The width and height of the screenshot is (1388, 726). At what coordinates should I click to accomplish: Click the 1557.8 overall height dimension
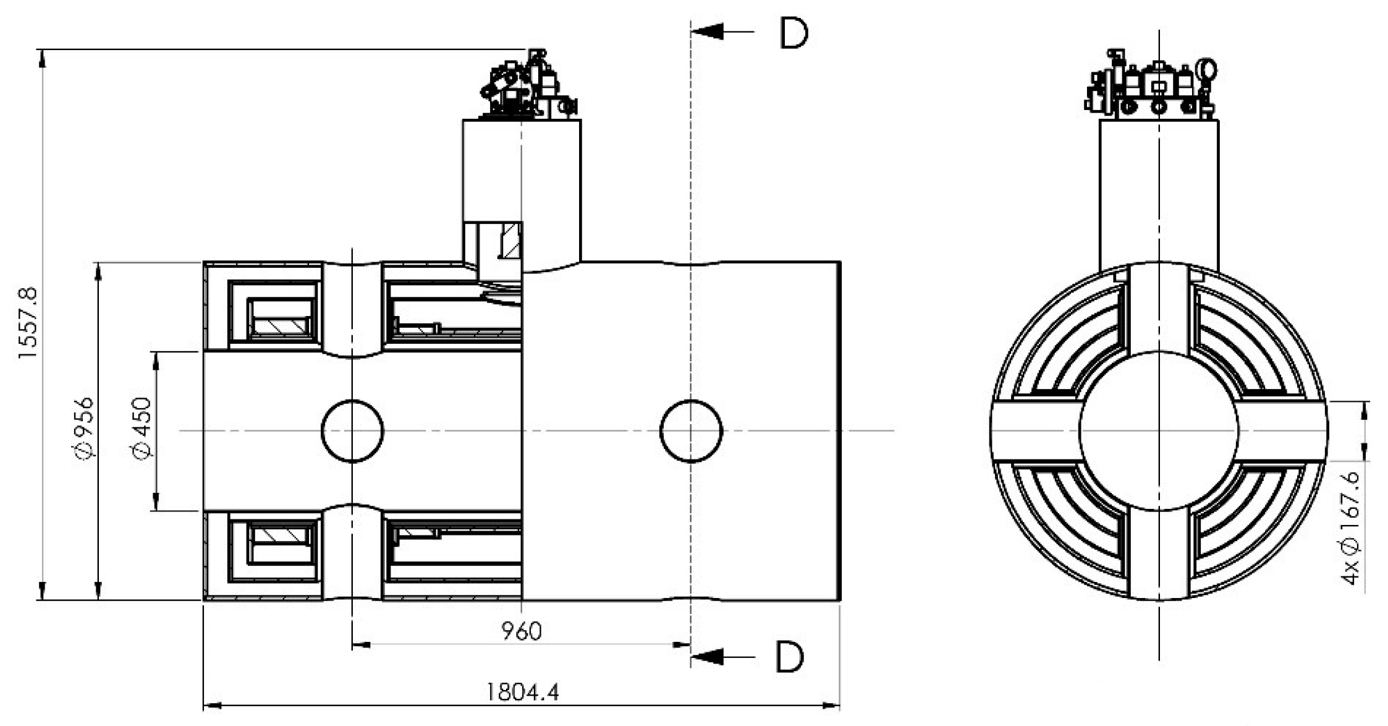tap(28, 323)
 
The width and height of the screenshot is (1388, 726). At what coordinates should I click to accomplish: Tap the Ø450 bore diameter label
tap(142, 429)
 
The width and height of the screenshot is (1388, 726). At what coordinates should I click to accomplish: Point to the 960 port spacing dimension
tap(521, 631)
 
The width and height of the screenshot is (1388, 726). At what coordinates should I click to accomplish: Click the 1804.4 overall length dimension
tap(522, 692)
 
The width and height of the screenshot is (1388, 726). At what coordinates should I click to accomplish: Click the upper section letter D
tap(793, 33)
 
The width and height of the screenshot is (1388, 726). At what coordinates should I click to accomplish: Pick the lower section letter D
tap(789, 657)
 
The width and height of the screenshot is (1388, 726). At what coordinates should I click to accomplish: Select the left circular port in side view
tap(352, 431)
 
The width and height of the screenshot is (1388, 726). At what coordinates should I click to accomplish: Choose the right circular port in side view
tap(691, 431)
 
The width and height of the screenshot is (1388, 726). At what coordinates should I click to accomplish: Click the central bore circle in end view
tap(1159, 431)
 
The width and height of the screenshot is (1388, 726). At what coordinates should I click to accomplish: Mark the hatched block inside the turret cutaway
tap(510, 241)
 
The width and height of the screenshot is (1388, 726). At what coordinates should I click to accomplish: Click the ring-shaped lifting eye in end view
tap(1206, 69)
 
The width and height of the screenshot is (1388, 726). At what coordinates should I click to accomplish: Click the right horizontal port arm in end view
tap(1282, 431)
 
